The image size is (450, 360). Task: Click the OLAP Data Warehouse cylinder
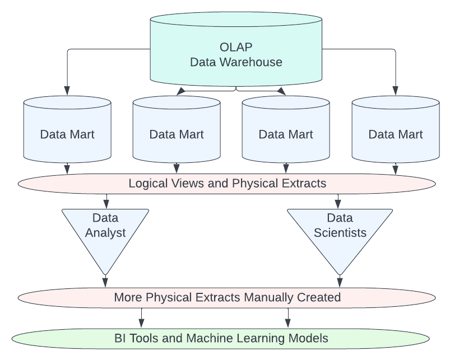point(235,53)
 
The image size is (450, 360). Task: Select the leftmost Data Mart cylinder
point(67,134)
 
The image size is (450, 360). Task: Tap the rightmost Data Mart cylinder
point(396,134)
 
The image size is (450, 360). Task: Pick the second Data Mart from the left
point(177,134)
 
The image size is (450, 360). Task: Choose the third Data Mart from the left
point(286,134)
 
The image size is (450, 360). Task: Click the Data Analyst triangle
point(106,230)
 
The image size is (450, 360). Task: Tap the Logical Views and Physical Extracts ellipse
point(227,183)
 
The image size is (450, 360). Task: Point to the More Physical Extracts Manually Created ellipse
point(227,297)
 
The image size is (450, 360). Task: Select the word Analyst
point(106,232)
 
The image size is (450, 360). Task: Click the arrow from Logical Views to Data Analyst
point(106,200)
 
